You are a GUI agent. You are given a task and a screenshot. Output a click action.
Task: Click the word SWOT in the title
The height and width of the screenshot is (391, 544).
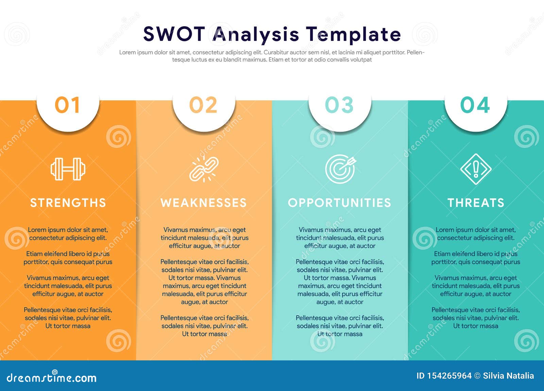point(174,34)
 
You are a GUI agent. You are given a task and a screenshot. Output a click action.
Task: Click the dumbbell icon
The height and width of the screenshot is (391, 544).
point(68,169)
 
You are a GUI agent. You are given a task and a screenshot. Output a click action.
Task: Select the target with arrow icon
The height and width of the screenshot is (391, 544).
point(340,169)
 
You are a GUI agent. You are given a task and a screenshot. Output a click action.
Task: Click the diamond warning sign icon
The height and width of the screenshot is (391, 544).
point(476,169)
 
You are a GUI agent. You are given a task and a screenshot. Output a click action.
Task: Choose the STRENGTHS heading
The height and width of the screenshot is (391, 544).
point(68,203)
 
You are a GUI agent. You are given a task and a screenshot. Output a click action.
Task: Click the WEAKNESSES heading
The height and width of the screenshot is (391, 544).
point(204,203)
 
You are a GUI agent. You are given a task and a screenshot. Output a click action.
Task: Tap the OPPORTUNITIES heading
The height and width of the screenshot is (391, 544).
point(340,203)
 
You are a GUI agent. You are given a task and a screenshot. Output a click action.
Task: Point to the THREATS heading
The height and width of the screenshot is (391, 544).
point(476,203)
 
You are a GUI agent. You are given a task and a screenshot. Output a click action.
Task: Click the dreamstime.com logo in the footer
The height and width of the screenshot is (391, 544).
point(51,377)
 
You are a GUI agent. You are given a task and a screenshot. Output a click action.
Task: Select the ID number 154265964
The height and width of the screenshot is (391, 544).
point(449,376)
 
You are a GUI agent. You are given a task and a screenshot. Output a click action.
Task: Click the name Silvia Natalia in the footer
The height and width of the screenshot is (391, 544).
point(508,376)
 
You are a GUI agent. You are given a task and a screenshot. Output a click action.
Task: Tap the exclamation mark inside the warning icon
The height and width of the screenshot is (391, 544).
point(476,169)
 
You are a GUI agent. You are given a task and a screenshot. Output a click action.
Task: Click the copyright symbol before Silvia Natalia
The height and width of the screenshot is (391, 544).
point(477,376)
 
